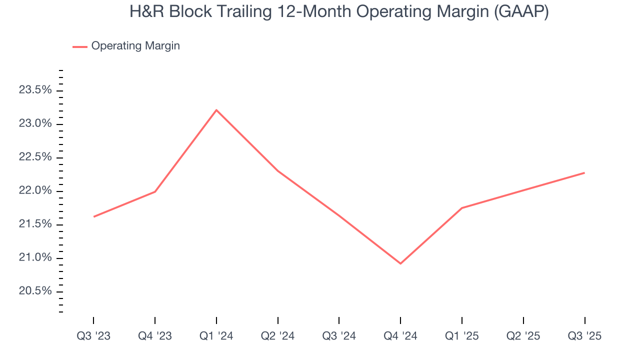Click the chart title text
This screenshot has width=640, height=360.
click(x=339, y=12)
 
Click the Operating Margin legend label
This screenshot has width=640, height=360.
click(x=135, y=46)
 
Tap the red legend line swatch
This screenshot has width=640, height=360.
click(x=80, y=46)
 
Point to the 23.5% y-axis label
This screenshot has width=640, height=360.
click(x=35, y=90)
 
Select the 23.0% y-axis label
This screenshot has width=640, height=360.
click(x=35, y=123)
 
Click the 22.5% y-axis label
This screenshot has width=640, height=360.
click(x=35, y=157)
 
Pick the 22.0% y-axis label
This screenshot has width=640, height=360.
click(x=35, y=190)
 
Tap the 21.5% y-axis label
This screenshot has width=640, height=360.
click(x=35, y=224)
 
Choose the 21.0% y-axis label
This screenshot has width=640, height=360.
click(x=35, y=257)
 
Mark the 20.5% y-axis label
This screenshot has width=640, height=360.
click(x=35, y=291)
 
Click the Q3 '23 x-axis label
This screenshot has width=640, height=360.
click(x=93, y=336)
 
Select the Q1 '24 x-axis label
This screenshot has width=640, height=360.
click(x=216, y=336)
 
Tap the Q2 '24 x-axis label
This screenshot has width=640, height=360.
click(x=277, y=336)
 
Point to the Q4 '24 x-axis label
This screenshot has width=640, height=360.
click(x=400, y=336)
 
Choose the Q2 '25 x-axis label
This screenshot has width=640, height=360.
click(x=523, y=336)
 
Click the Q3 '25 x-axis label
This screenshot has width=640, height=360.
click(x=584, y=336)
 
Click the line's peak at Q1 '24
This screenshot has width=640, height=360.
click(x=216, y=110)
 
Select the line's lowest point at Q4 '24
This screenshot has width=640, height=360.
click(x=400, y=263)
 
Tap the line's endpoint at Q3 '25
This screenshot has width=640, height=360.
click(x=584, y=173)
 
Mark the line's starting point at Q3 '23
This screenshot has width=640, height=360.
click(x=94, y=216)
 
